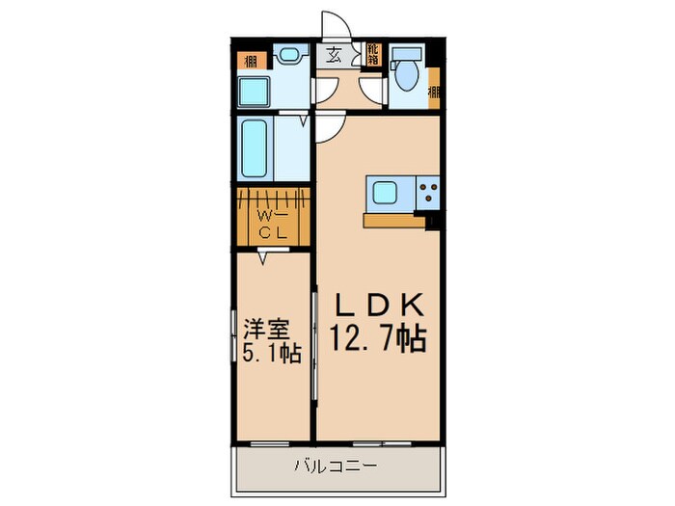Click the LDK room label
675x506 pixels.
tap(380, 306)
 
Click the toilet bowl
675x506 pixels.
tap(407, 77)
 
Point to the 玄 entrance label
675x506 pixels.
tap(333, 55)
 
